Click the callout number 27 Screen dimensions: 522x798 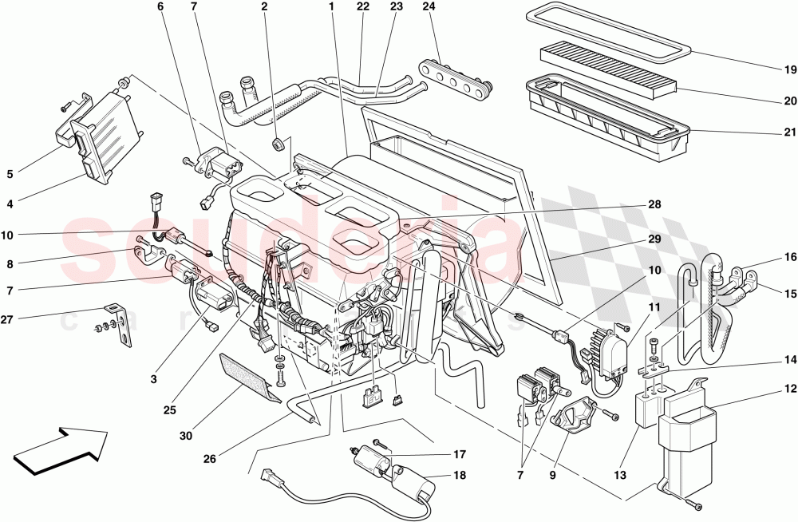pos(9,319)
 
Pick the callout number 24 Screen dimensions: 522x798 pos(428,8)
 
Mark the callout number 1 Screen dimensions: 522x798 pos(330,8)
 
